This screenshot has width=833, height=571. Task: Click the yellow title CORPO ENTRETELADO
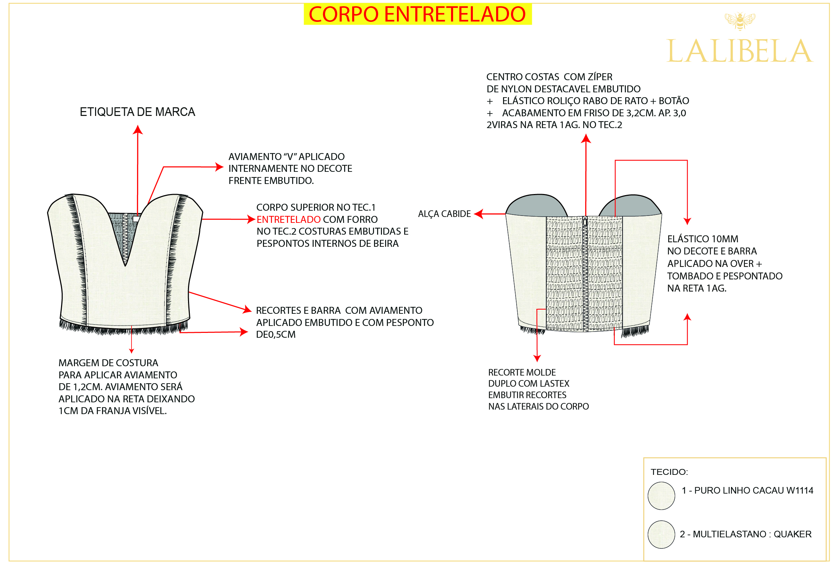[x=417, y=14]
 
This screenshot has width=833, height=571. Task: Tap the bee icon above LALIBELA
[x=739, y=21]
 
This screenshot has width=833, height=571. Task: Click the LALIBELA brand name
[x=739, y=51]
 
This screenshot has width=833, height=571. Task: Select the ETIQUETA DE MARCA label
[x=137, y=112]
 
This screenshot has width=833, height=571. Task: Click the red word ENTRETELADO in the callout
[x=288, y=219]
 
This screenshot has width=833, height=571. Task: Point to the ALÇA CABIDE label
[x=444, y=214]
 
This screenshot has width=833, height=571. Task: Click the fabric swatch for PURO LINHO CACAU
[x=661, y=496]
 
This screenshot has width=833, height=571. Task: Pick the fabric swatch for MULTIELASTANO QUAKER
[x=661, y=535]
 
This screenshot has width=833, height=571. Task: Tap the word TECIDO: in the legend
[x=669, y=472]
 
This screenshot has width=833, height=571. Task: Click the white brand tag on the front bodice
[x=136, y=219]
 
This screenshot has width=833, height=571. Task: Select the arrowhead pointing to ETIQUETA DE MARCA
[x=138, y=129]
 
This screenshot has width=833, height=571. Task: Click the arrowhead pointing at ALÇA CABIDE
[x=478, y=214]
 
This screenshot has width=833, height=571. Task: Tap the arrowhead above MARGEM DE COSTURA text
[x=131, y=351]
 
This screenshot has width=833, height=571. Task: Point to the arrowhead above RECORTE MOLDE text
[x=537, y=358]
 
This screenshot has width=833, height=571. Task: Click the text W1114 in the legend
[x=800, y=490]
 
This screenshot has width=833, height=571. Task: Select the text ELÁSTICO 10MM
[x=703, y=239]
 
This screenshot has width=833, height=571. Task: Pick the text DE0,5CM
[x=275, y=334]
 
